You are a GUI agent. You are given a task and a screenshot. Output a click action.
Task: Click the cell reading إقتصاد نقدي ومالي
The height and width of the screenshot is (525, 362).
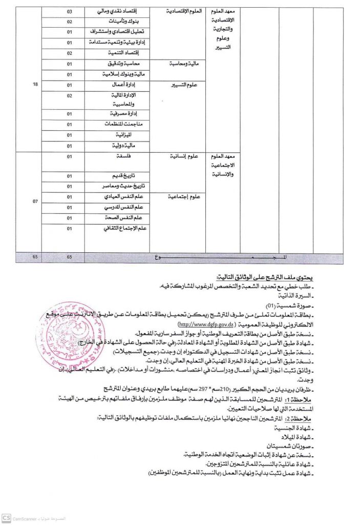(127, 11)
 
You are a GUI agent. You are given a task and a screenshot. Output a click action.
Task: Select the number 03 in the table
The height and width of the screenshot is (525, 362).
(70, 11)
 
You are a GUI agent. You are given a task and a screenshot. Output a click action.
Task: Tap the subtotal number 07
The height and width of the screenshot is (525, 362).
(35, 201)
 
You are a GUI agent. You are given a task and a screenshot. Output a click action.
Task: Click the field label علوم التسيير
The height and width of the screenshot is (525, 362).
(185, 86)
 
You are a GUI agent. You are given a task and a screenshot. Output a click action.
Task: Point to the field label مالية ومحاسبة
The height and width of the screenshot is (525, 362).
(183, 64)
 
